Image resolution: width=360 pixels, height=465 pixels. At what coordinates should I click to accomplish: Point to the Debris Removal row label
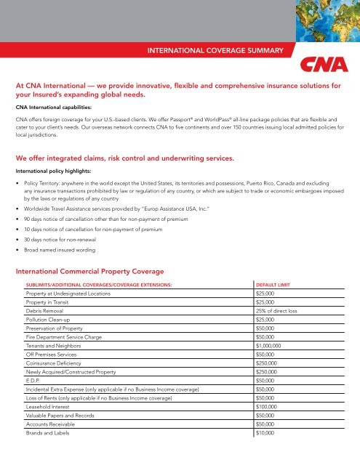pyautogui.click(x=52, y=311)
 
